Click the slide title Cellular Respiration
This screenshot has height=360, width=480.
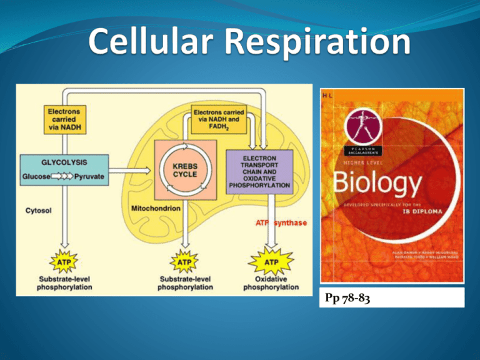[241, 42]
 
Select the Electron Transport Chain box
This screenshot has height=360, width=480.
[269, 171]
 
